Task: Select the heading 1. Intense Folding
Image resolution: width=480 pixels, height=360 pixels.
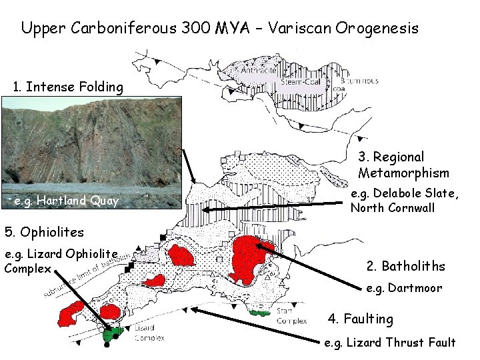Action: (x=69, y=87)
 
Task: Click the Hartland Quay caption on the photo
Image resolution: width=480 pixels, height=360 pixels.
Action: (x=66, y=201)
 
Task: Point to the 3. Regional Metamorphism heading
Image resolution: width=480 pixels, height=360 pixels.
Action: (x=403, y=165)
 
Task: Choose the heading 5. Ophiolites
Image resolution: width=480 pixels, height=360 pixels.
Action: (x=44, y=232)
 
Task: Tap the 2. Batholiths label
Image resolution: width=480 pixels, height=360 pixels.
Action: (x=405, y=266)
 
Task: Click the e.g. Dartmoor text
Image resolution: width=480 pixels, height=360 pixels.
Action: (x=405, y=289)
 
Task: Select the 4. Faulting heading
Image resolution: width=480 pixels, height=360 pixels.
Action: (x=360, y=319)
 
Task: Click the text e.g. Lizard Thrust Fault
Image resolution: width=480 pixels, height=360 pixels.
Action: (x=389, y=343)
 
